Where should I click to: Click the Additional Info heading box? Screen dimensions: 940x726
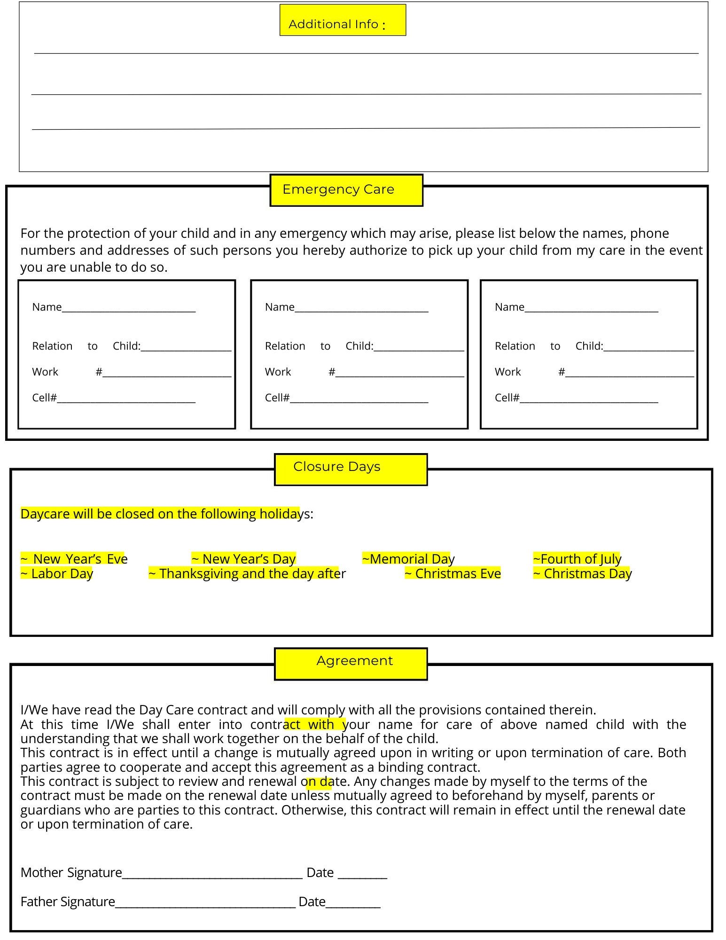343,20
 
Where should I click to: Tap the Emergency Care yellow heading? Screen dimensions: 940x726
346,190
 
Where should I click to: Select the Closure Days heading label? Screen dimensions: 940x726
351,469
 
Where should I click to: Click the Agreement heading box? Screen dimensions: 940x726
351,663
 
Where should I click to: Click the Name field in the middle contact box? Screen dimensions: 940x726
361,308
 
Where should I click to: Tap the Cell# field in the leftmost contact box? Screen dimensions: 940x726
126,399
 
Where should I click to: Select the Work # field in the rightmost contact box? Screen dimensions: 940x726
629,373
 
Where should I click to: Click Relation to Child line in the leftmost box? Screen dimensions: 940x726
186,347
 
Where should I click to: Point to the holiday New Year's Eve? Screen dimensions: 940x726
74,559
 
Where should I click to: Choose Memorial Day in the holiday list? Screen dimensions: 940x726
408,559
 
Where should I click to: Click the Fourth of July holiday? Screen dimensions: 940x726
577,559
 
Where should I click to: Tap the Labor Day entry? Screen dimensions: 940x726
57,574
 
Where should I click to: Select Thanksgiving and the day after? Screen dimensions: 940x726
247,574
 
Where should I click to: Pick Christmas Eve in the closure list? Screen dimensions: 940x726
453,574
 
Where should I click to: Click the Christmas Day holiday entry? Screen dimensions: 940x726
582,574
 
